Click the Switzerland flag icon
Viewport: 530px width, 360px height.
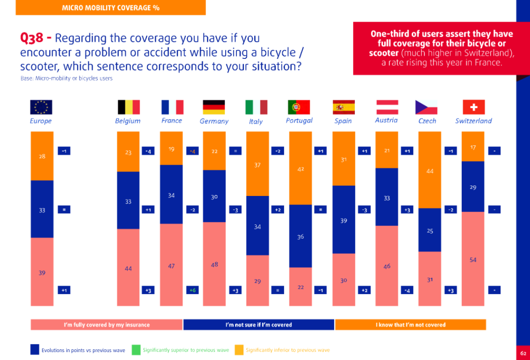474,107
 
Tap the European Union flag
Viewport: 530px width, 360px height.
41,107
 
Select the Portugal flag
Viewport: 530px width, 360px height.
299,107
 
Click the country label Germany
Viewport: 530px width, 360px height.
214,121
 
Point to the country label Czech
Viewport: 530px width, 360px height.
427,121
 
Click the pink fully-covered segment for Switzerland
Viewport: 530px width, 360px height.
473,259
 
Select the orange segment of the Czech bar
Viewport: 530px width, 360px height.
429,170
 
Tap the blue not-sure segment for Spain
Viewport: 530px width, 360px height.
344,220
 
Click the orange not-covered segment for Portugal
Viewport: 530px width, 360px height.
300,168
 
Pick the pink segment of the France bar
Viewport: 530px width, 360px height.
171,265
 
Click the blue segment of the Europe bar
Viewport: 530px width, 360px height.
42,209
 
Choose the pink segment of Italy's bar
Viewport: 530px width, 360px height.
257,280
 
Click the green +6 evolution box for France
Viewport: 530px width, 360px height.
192,290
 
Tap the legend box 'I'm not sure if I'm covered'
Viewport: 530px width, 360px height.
259,325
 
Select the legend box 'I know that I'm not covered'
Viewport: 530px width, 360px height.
410,325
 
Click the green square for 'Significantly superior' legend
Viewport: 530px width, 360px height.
136,350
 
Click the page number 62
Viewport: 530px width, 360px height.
523,353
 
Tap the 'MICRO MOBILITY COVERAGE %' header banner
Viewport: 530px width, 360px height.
111,7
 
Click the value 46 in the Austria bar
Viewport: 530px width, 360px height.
387,266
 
